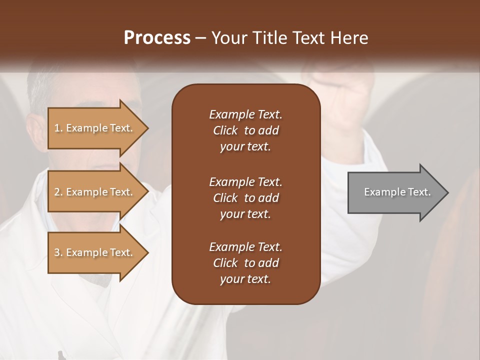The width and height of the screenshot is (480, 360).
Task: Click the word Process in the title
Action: pos(157,38)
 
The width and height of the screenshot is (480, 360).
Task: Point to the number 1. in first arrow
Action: pos(58,128)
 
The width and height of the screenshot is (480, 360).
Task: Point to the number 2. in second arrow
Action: pos(58,192)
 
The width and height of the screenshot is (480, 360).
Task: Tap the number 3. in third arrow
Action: pos(58,252)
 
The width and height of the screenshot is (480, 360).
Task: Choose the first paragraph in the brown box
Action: pos(245,130)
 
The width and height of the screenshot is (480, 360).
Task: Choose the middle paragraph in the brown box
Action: pos(245,197)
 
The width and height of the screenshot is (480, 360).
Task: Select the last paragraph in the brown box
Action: pos(245,263)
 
